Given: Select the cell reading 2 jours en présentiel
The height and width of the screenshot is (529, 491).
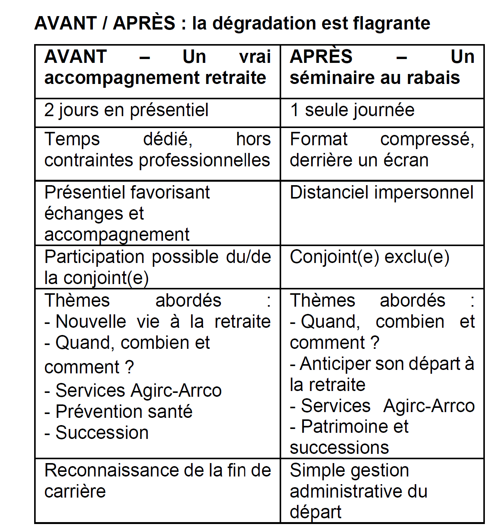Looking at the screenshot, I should coord(126,110).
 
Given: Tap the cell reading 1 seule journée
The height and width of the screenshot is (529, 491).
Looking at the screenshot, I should coord(352,110).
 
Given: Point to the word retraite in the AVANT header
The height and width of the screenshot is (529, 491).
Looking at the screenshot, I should coord(236,78).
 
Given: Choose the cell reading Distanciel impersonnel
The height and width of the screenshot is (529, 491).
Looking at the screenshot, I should coord(381,192).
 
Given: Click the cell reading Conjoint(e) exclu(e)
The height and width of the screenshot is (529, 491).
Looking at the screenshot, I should coord(369,257).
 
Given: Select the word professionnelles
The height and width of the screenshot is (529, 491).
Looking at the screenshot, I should coord(204,160).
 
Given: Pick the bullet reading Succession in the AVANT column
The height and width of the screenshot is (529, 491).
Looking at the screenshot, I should coord(102,433).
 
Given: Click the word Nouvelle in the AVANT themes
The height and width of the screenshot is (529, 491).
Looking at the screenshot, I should coord(91,322).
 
